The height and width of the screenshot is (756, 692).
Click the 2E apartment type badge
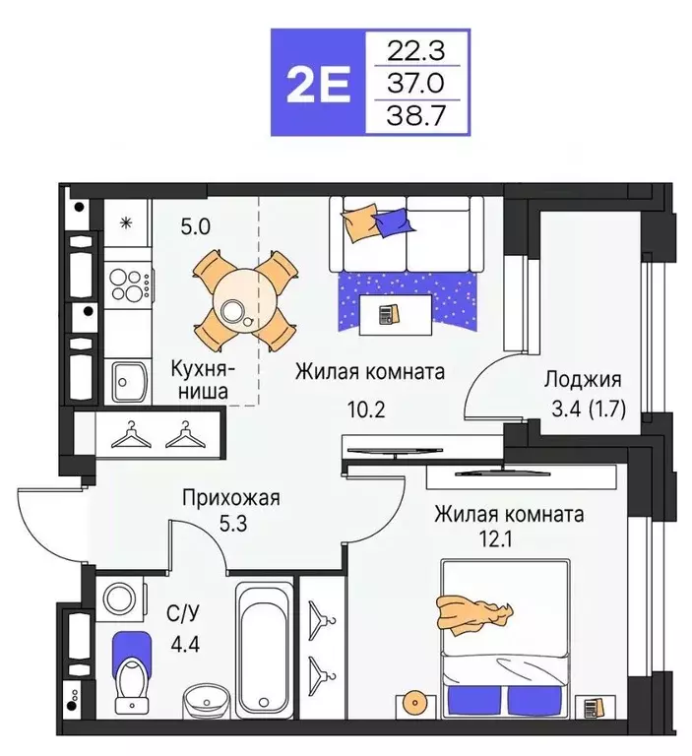point(317,83)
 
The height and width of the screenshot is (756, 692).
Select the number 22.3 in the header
point(417,49)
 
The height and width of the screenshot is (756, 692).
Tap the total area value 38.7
point(417,116)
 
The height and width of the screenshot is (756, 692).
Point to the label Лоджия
point(583,380)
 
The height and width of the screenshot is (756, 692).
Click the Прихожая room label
point(231,497)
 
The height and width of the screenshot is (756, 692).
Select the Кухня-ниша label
point(201,380)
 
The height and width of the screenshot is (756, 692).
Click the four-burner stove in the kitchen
point(128,284)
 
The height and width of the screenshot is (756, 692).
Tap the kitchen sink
point(128,380)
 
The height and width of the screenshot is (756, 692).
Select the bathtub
point(264,649)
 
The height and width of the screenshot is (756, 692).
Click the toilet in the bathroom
point(132,676)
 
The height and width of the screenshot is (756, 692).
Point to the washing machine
point(121,600)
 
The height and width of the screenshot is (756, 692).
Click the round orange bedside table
point(412,704)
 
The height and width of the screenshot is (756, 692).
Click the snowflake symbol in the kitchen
point(126,221)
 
